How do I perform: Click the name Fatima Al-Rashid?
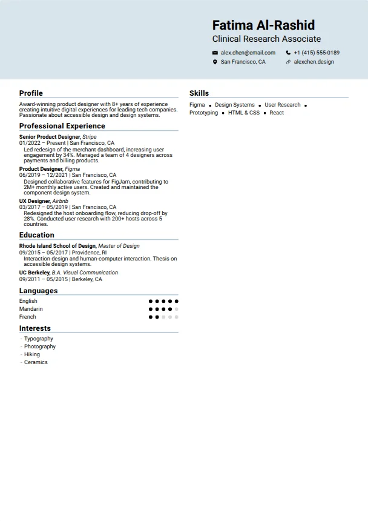pos(263,25)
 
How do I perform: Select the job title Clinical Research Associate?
pos(266,39)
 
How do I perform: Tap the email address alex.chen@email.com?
pos(248,53)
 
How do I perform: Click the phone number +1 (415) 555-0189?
pos(317,53)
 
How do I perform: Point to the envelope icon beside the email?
pos(215,53)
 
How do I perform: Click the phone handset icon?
pos(288,53)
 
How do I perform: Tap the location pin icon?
pos(215,62)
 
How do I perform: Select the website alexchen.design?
pos(314,62)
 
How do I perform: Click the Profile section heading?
pos(31,93)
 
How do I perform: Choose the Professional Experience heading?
pos(62,126)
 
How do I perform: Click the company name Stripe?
pos(90,138)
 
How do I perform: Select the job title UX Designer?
pos(34,201)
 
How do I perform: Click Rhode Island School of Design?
pos(57,246)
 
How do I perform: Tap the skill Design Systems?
pos(235,105)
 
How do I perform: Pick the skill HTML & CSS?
pos(244,113)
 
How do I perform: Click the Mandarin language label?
pos(31,309)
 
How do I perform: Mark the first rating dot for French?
pos(151,317)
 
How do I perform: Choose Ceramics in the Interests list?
pos(36,362)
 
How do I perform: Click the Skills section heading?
pos(199,93)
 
